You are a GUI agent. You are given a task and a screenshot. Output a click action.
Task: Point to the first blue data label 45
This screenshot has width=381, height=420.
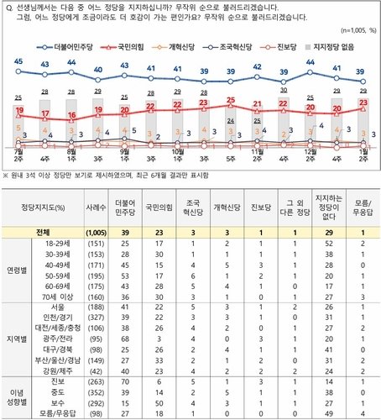click(18, 62)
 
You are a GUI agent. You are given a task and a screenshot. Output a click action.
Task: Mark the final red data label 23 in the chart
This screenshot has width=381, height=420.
click(362, 103)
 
